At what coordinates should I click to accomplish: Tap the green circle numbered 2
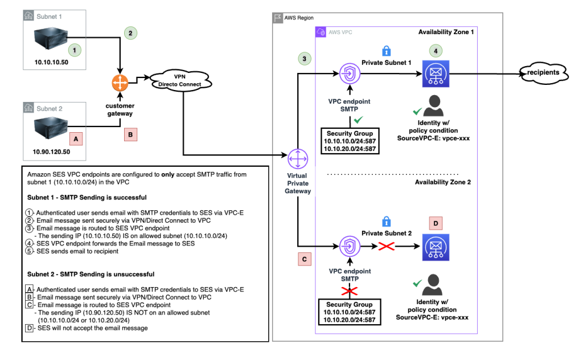[x=130, y=33]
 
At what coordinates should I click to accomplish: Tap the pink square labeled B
[x=130, y=134]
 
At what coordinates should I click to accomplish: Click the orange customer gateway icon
[x=120, y=83]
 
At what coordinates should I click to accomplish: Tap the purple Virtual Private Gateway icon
[x=298, y=158]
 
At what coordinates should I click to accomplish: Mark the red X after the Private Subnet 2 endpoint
[x=387, y=247]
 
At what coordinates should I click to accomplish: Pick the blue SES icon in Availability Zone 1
[x=436, y=74]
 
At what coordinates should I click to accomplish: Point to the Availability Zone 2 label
[x=442, y=182]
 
